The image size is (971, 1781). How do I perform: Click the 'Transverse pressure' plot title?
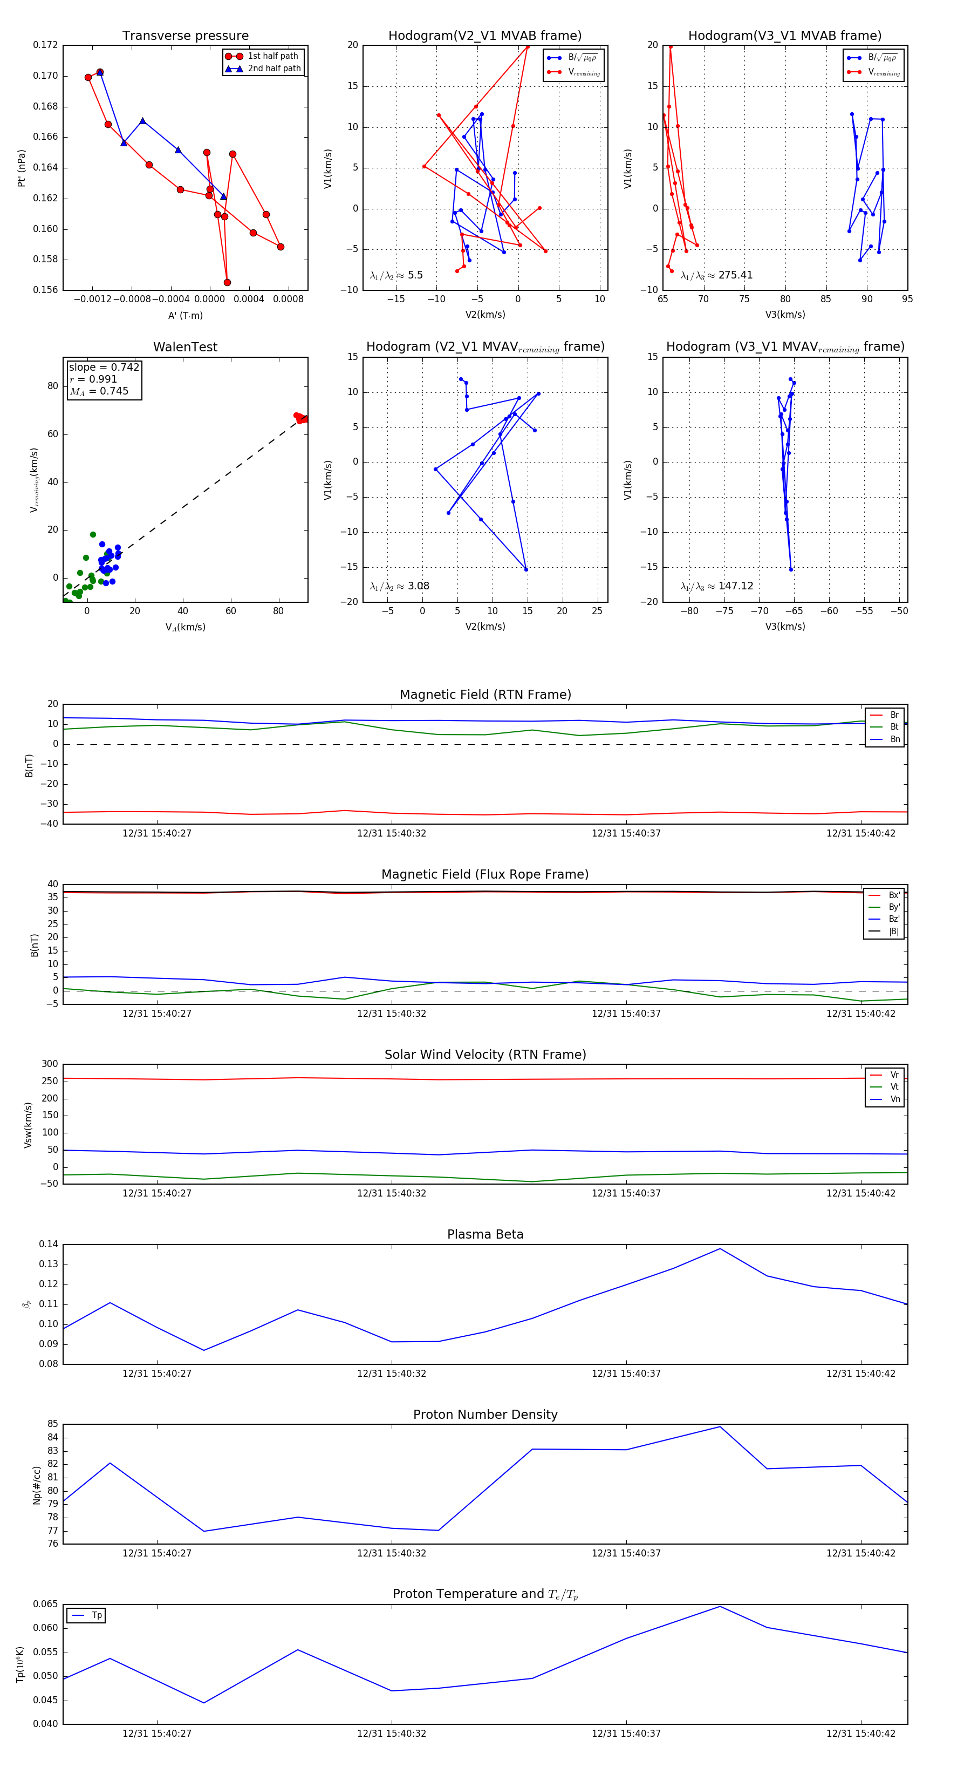[185, 36]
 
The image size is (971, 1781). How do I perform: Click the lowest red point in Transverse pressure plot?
[227, 282]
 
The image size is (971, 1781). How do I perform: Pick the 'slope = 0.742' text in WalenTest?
[104, 367]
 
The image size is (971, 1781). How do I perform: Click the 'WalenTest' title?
[185, 347]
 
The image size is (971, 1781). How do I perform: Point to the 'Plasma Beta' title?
[485, 1234]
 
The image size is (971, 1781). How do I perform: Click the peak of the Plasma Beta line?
[720, 1249]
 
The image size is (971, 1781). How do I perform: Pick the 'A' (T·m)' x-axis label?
[185, 315]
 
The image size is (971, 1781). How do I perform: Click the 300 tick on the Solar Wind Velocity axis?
[50, 1064]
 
